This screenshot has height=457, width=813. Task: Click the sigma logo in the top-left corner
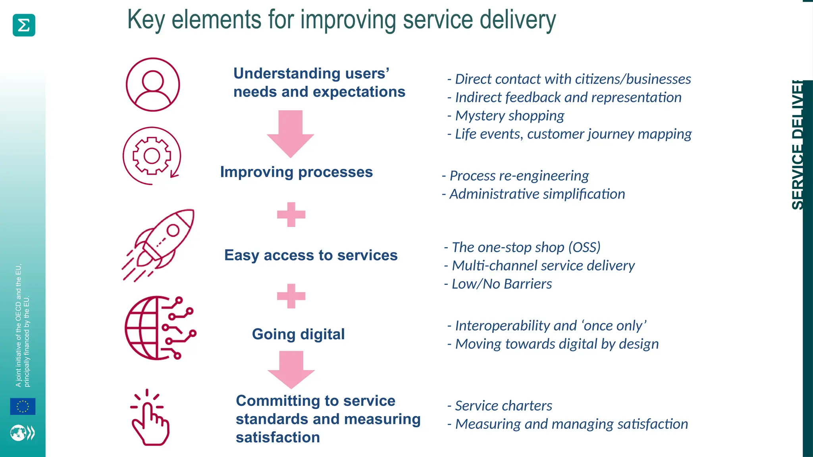click(x=24, y=25)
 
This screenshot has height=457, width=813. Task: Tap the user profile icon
click(x=153, y=84)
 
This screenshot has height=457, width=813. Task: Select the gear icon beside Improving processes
click(x=152, y=156)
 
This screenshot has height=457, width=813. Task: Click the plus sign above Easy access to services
click(x=291, y=215)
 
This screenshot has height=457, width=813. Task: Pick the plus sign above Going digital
click(x=291, y=296)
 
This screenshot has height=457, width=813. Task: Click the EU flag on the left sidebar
click(x=23, y=406)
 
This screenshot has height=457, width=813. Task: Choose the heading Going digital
click(x=298, y=334)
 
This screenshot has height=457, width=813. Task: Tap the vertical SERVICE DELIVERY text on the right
click(x=797, y=145)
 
